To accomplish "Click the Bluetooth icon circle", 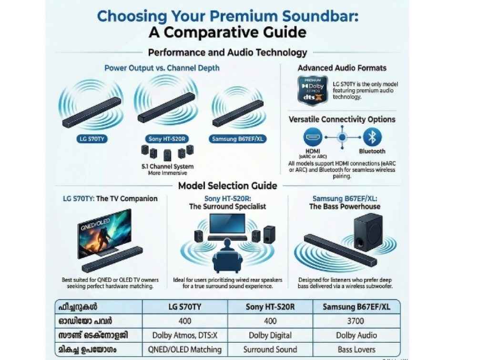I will (x=372, y=138).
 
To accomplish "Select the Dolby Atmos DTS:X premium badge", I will (x=313, y=90).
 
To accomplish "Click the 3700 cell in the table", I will (x=356, y=321).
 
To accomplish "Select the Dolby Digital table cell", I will (x=270, y=335).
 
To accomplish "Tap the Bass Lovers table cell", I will (x=356, y=350).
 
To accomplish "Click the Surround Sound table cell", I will (x=270, y=350).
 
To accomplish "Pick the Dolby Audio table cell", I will (x=356, y=335).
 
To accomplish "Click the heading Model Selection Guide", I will (x=227, y=186).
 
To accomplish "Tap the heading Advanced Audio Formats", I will (x=342, y=68).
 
